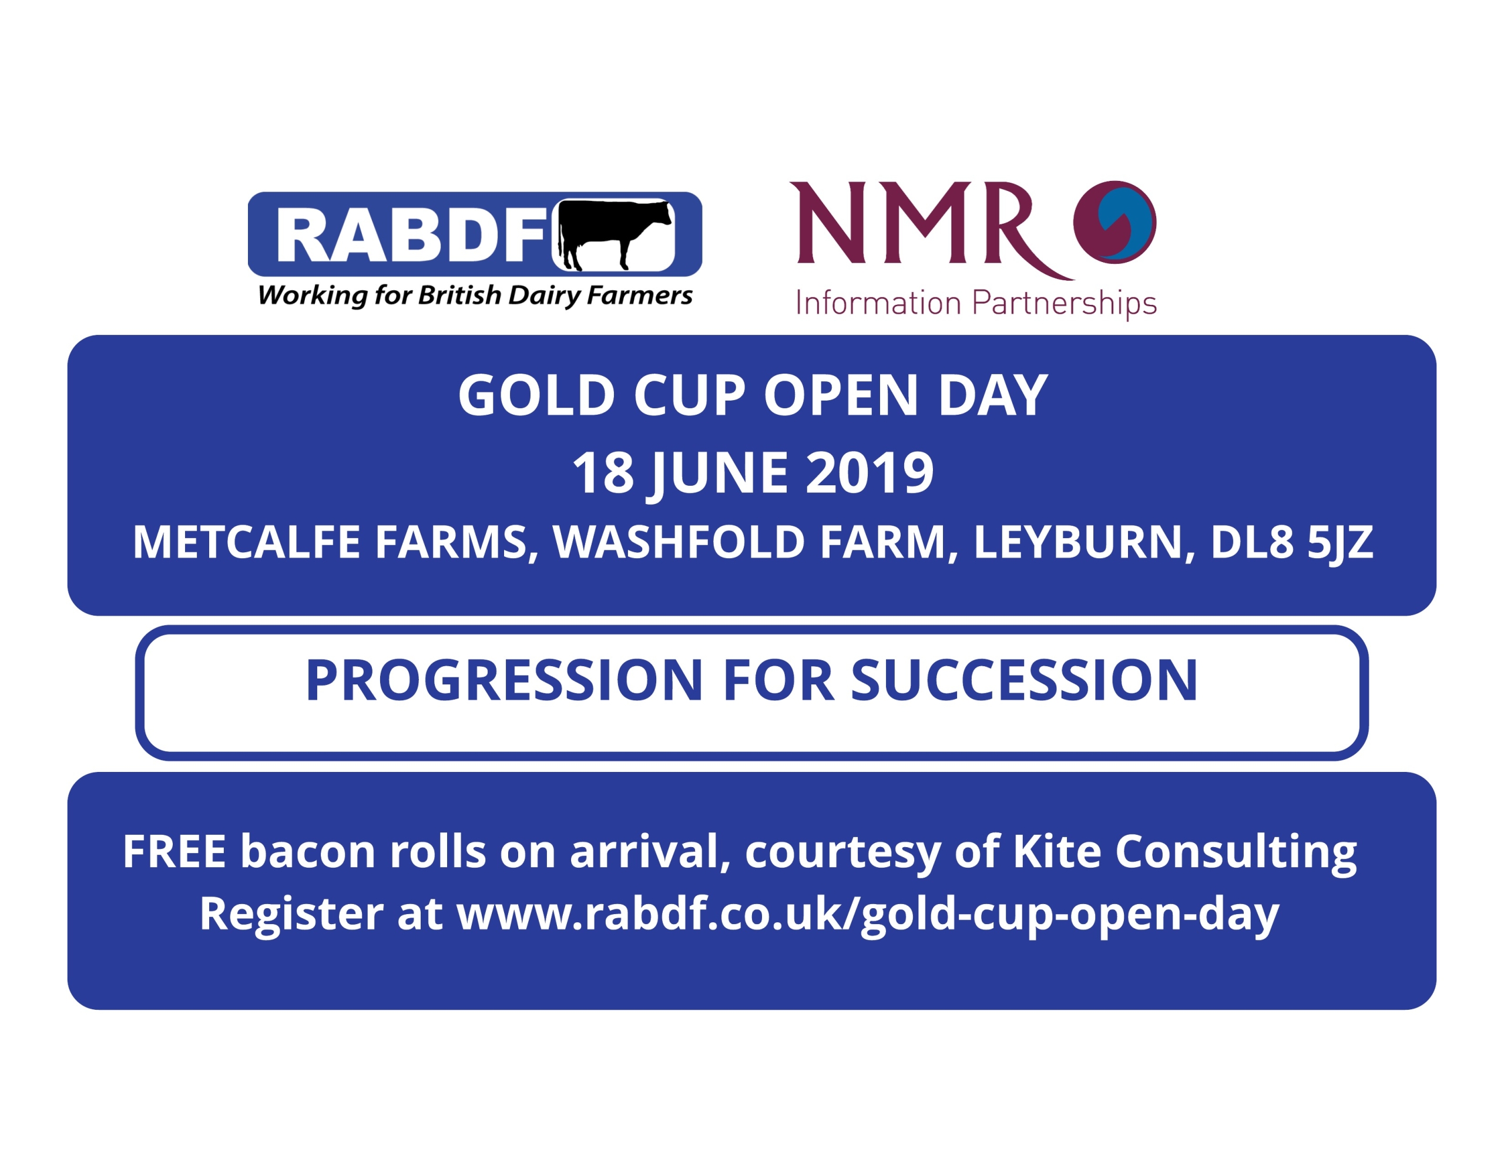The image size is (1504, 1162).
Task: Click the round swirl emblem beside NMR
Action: tap(1115, 222)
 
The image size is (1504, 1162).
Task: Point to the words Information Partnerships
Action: tap(976, 303)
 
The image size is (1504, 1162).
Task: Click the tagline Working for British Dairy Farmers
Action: tap(475, 295)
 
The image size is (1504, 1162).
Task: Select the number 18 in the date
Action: tap(603, 473)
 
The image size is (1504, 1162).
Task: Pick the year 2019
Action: tap(869, 473)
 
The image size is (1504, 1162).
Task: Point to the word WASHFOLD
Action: tap(680, 542)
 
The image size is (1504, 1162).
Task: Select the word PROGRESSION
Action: tap(504, 680)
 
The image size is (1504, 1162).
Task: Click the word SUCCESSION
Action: tap(1025, 680)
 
